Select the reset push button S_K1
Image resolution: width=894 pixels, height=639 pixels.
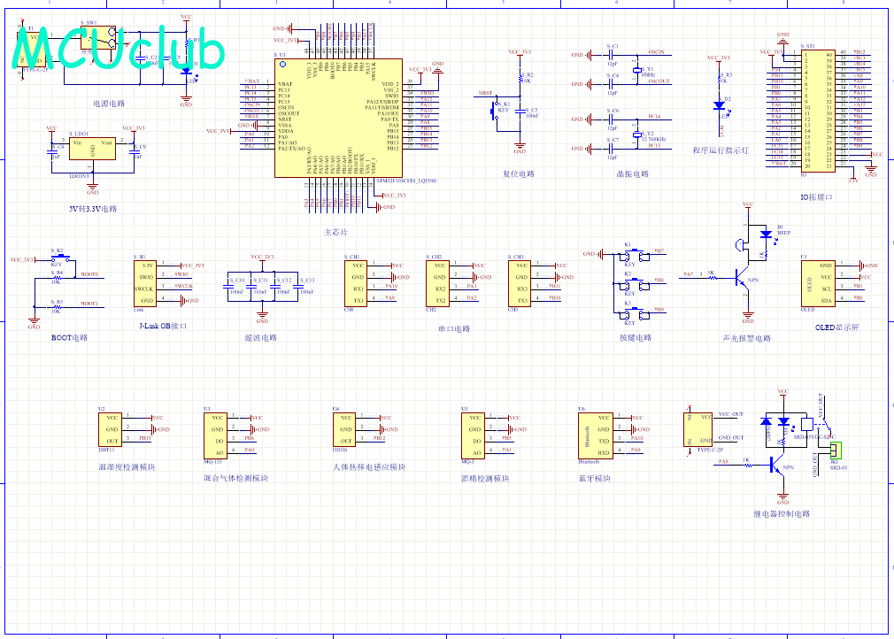(496, 110)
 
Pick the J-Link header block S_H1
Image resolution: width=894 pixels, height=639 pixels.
(147, 282)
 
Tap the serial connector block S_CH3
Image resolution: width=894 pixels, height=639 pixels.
(520, 282)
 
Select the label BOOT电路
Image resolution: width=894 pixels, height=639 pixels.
(69, 338)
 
